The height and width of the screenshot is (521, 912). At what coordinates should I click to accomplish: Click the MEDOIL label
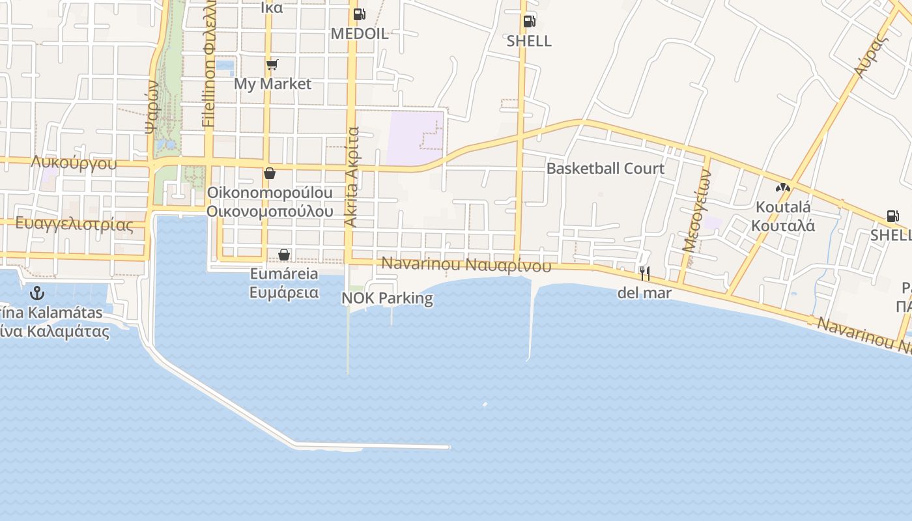[x=360, y=33]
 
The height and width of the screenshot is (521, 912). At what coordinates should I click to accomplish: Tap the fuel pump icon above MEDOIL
[x=359, y=14]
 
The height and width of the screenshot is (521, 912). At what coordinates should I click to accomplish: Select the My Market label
[x=272, y=84]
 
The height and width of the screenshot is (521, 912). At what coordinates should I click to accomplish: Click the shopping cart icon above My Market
[x=272, y=64]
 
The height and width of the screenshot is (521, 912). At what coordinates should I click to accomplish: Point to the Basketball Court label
[x=605, y=168]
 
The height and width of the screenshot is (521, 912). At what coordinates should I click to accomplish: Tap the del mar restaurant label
[x=644, y=292]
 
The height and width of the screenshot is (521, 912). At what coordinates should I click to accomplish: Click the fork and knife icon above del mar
[x=644, y=273]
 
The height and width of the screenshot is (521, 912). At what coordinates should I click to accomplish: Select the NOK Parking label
[x=387, y=298]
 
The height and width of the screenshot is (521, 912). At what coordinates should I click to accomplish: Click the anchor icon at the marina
[x=37, y=293]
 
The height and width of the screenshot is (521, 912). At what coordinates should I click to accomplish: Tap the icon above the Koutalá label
[x=783, y=188]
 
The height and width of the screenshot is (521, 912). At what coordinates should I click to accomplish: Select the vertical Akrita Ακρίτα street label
[x=352, y=177]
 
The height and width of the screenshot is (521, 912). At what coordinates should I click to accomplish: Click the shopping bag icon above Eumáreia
[x=284, y=255]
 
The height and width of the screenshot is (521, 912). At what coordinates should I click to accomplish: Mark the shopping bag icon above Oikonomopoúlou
[x=269, y=173]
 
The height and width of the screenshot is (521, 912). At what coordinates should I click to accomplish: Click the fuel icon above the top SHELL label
[x=529, y=21]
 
